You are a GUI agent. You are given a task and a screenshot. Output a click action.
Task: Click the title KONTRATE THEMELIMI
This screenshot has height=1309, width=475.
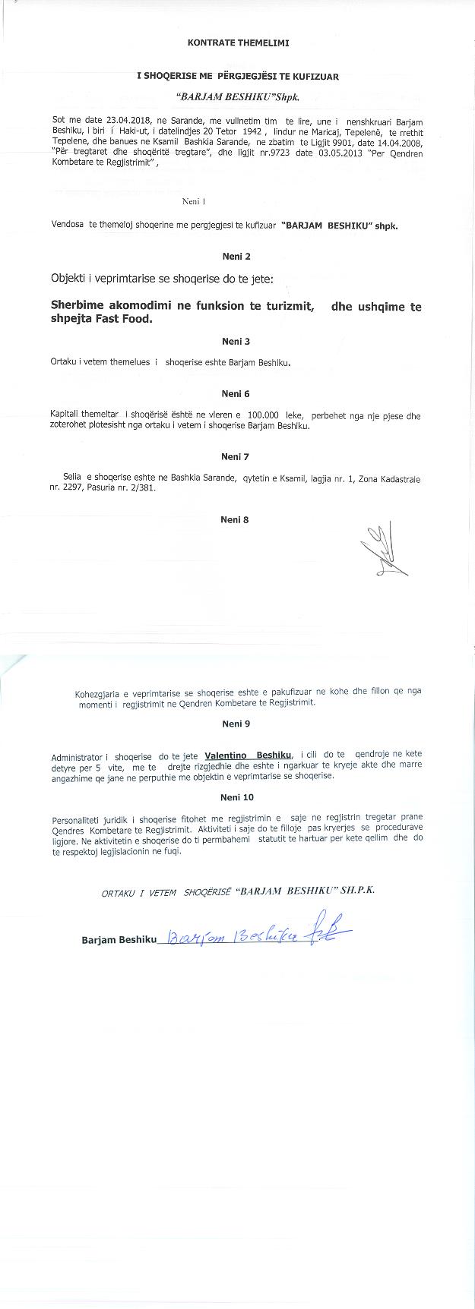pyautogui.click(x=238, y=43)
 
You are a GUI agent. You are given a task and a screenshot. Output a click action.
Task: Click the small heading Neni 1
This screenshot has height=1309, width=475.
pyautogui.click(x=194, y=201)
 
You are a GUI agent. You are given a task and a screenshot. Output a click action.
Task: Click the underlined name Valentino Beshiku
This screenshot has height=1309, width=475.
pyautogui.click(x=249, y=755)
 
